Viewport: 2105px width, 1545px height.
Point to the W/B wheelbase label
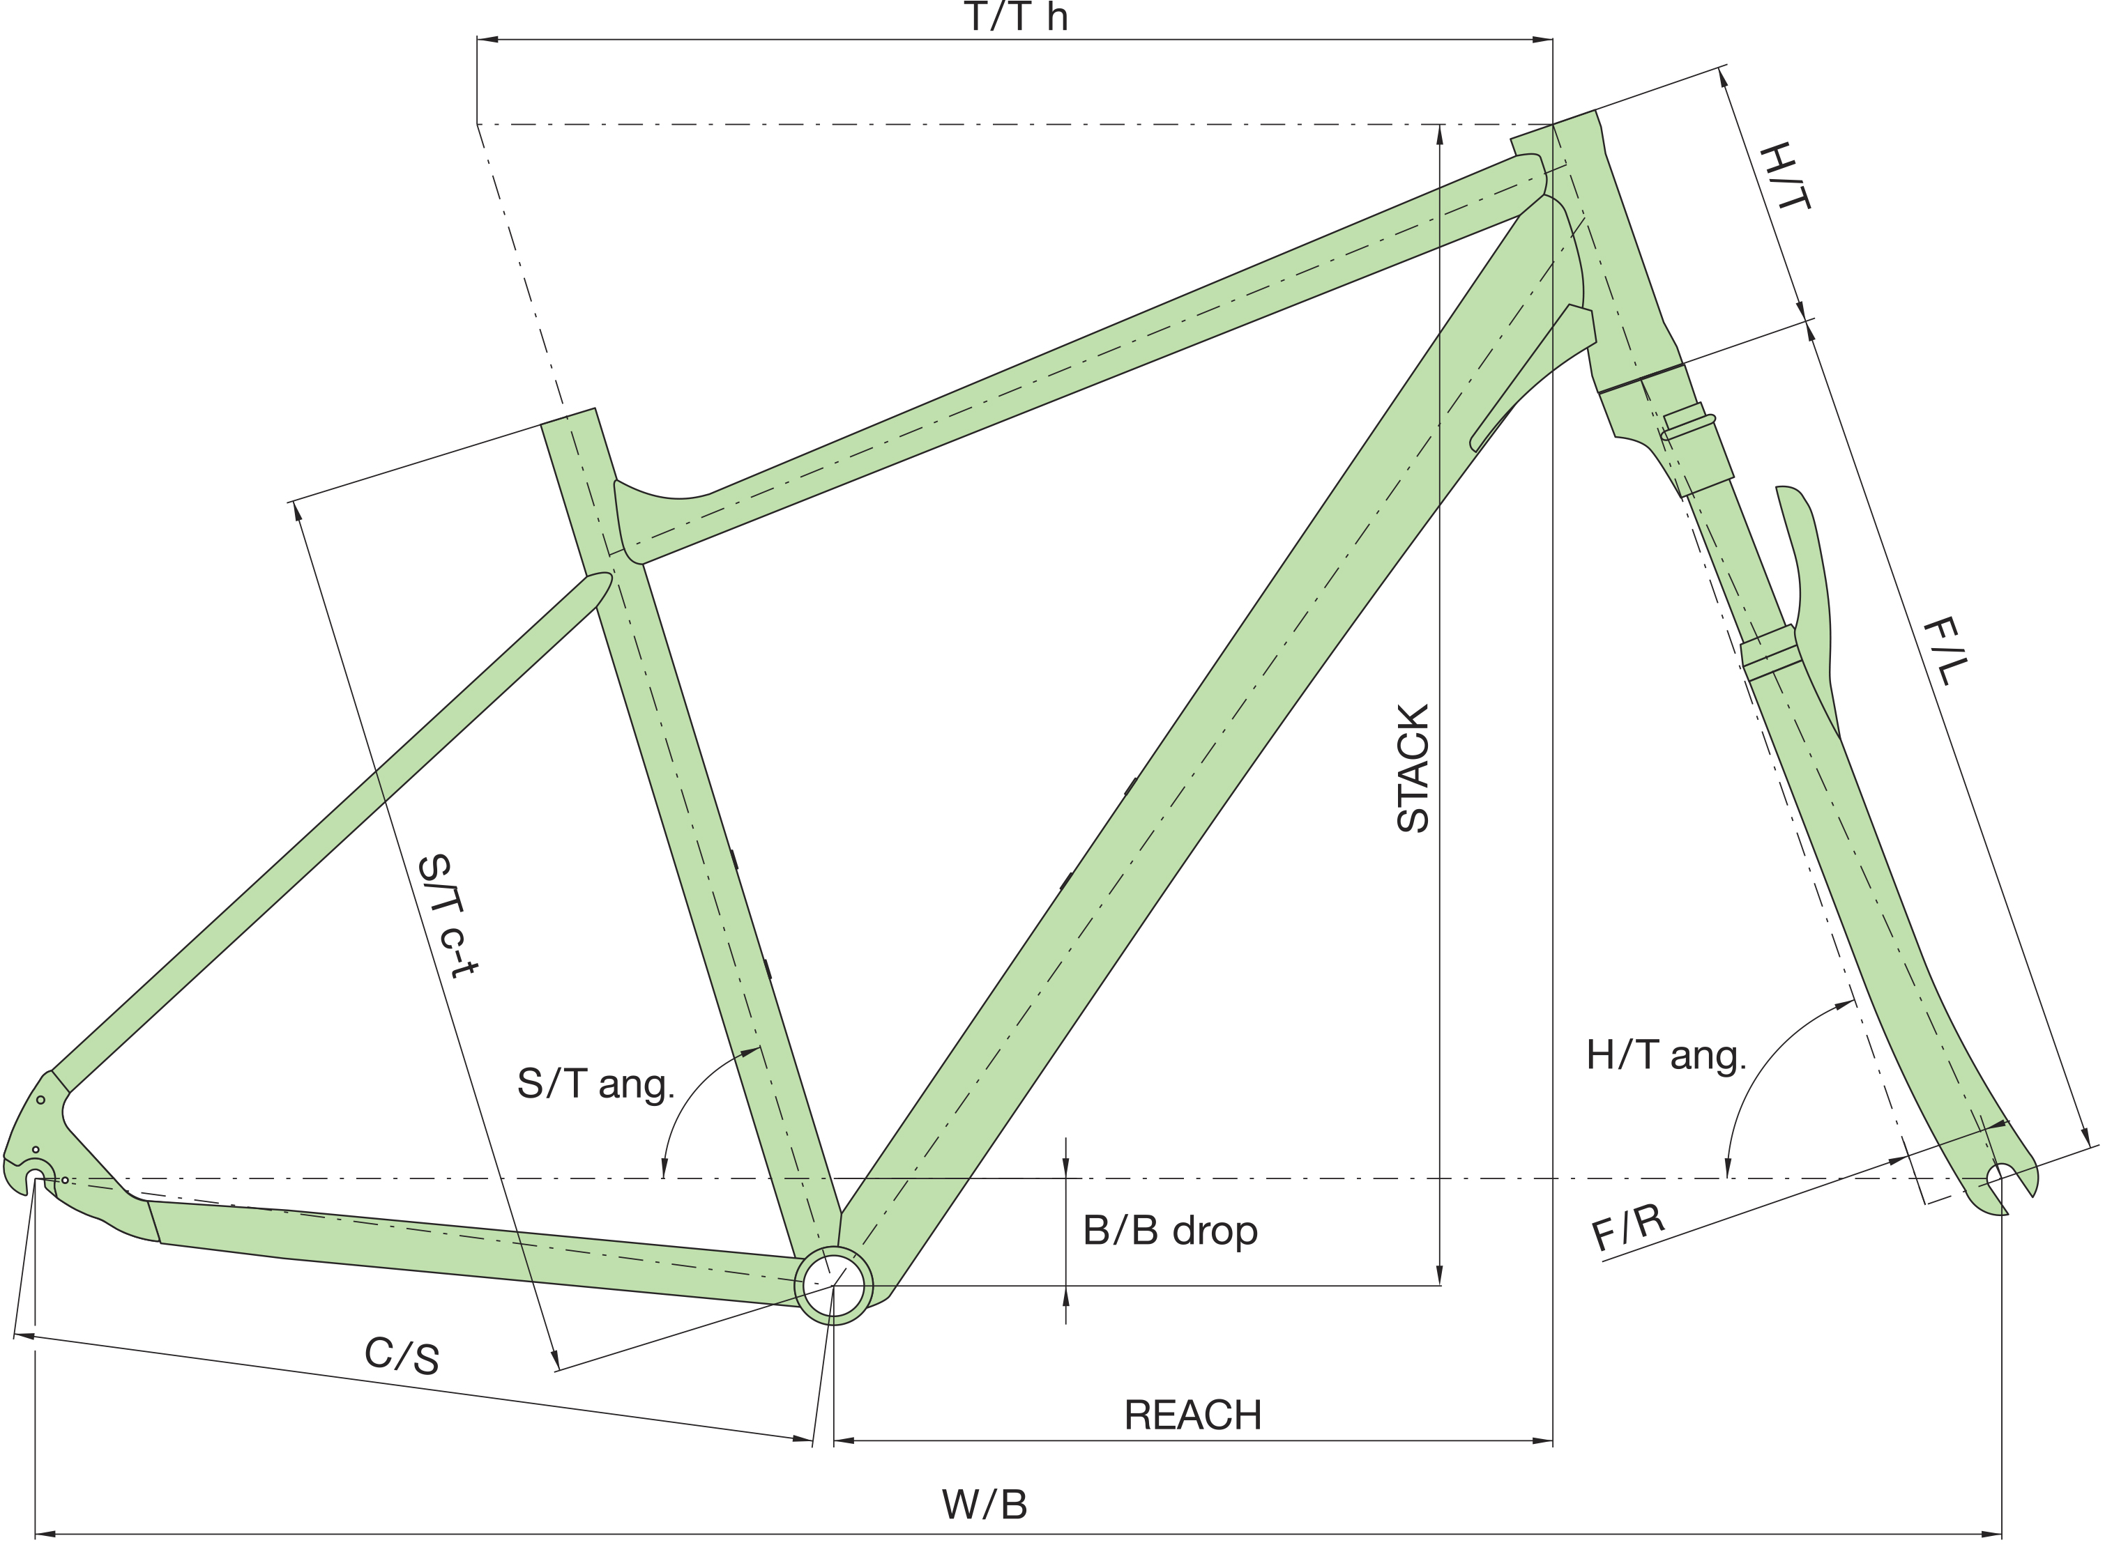985,1505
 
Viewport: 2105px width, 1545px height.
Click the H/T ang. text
1665,1055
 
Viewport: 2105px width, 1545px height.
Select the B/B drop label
1169,1231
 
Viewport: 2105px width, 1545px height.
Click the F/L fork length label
1946,651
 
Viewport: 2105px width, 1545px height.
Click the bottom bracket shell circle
833,1285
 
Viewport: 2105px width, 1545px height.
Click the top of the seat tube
569,417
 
